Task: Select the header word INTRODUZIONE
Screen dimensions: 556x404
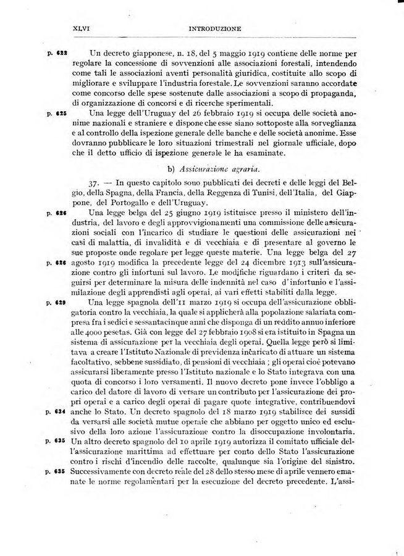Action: coord(213,28)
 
